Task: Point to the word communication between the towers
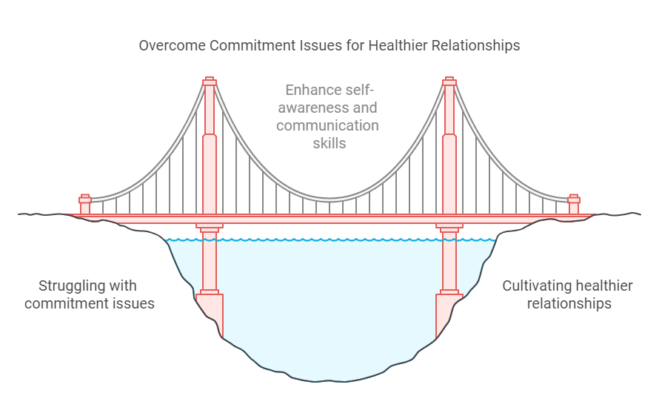click(327, 126)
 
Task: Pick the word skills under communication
click(329, 144)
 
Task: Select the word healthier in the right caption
click(605, 286)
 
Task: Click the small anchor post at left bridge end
click(85, 205)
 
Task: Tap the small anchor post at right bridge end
click(573, 205)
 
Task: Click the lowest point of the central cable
click(329, 199)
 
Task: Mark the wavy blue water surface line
click(329, 240)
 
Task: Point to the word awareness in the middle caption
click(304, 108)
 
